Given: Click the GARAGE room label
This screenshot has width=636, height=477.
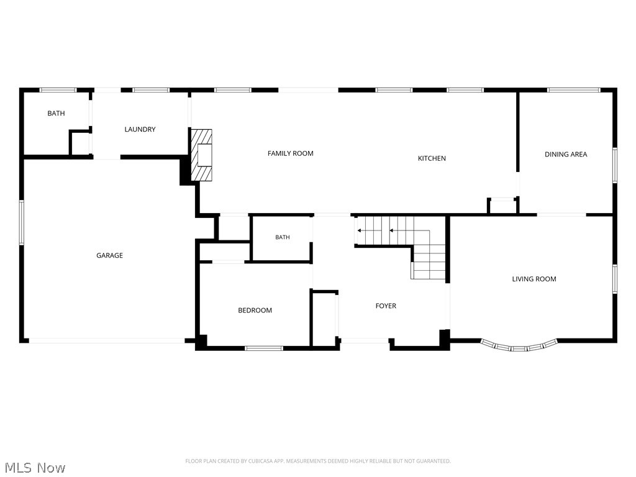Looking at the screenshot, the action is pos(109,255).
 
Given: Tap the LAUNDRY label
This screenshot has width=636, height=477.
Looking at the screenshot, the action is pos(140,129).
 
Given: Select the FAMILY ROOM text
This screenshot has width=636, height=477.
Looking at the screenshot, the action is pos(291,153).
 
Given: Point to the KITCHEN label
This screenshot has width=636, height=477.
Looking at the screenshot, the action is pos(432,158).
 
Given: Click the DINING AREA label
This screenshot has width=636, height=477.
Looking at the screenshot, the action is pos(566,154).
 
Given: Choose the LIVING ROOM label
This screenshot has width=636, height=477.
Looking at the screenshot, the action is pos(534,279).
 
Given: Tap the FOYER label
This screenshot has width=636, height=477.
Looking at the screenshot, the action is pos(386,306).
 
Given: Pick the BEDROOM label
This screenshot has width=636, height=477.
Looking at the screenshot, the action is pos(255,311).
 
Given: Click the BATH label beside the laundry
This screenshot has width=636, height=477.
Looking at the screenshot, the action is pos(56,113).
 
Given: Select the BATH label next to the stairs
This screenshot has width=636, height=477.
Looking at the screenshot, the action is pos(283,237).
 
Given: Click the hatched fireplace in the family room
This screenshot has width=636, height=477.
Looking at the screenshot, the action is pos(202,155).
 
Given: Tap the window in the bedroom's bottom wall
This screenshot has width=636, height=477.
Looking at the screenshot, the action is pos(264,348).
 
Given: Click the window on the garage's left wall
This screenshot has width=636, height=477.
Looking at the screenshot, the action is pos(22,222).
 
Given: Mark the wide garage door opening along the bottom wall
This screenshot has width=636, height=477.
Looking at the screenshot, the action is pos(107,341).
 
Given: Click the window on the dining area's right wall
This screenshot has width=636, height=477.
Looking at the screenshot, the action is pos(615,165).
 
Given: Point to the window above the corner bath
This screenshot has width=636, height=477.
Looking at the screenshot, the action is pos(58,90).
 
